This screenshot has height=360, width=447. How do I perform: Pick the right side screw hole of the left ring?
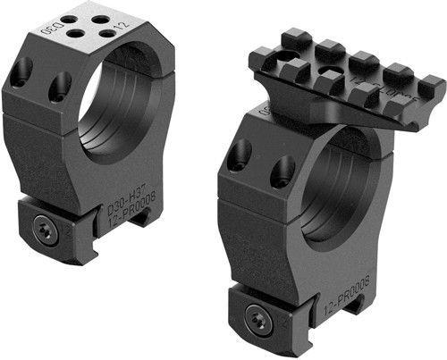tap(61, 85)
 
